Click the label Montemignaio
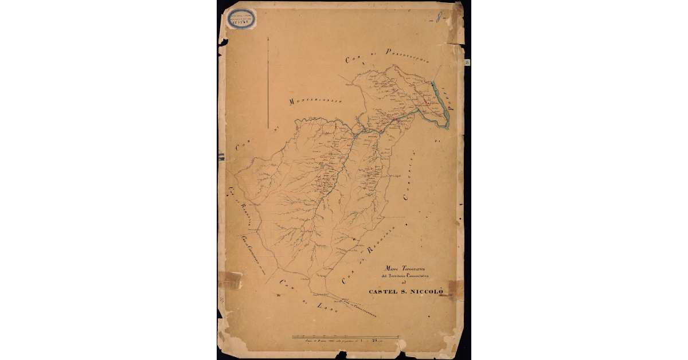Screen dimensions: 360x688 click(315, 101)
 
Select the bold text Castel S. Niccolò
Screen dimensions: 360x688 click(407, 292)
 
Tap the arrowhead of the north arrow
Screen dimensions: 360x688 click(269, 38)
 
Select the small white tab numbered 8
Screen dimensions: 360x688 click(467, 62)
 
